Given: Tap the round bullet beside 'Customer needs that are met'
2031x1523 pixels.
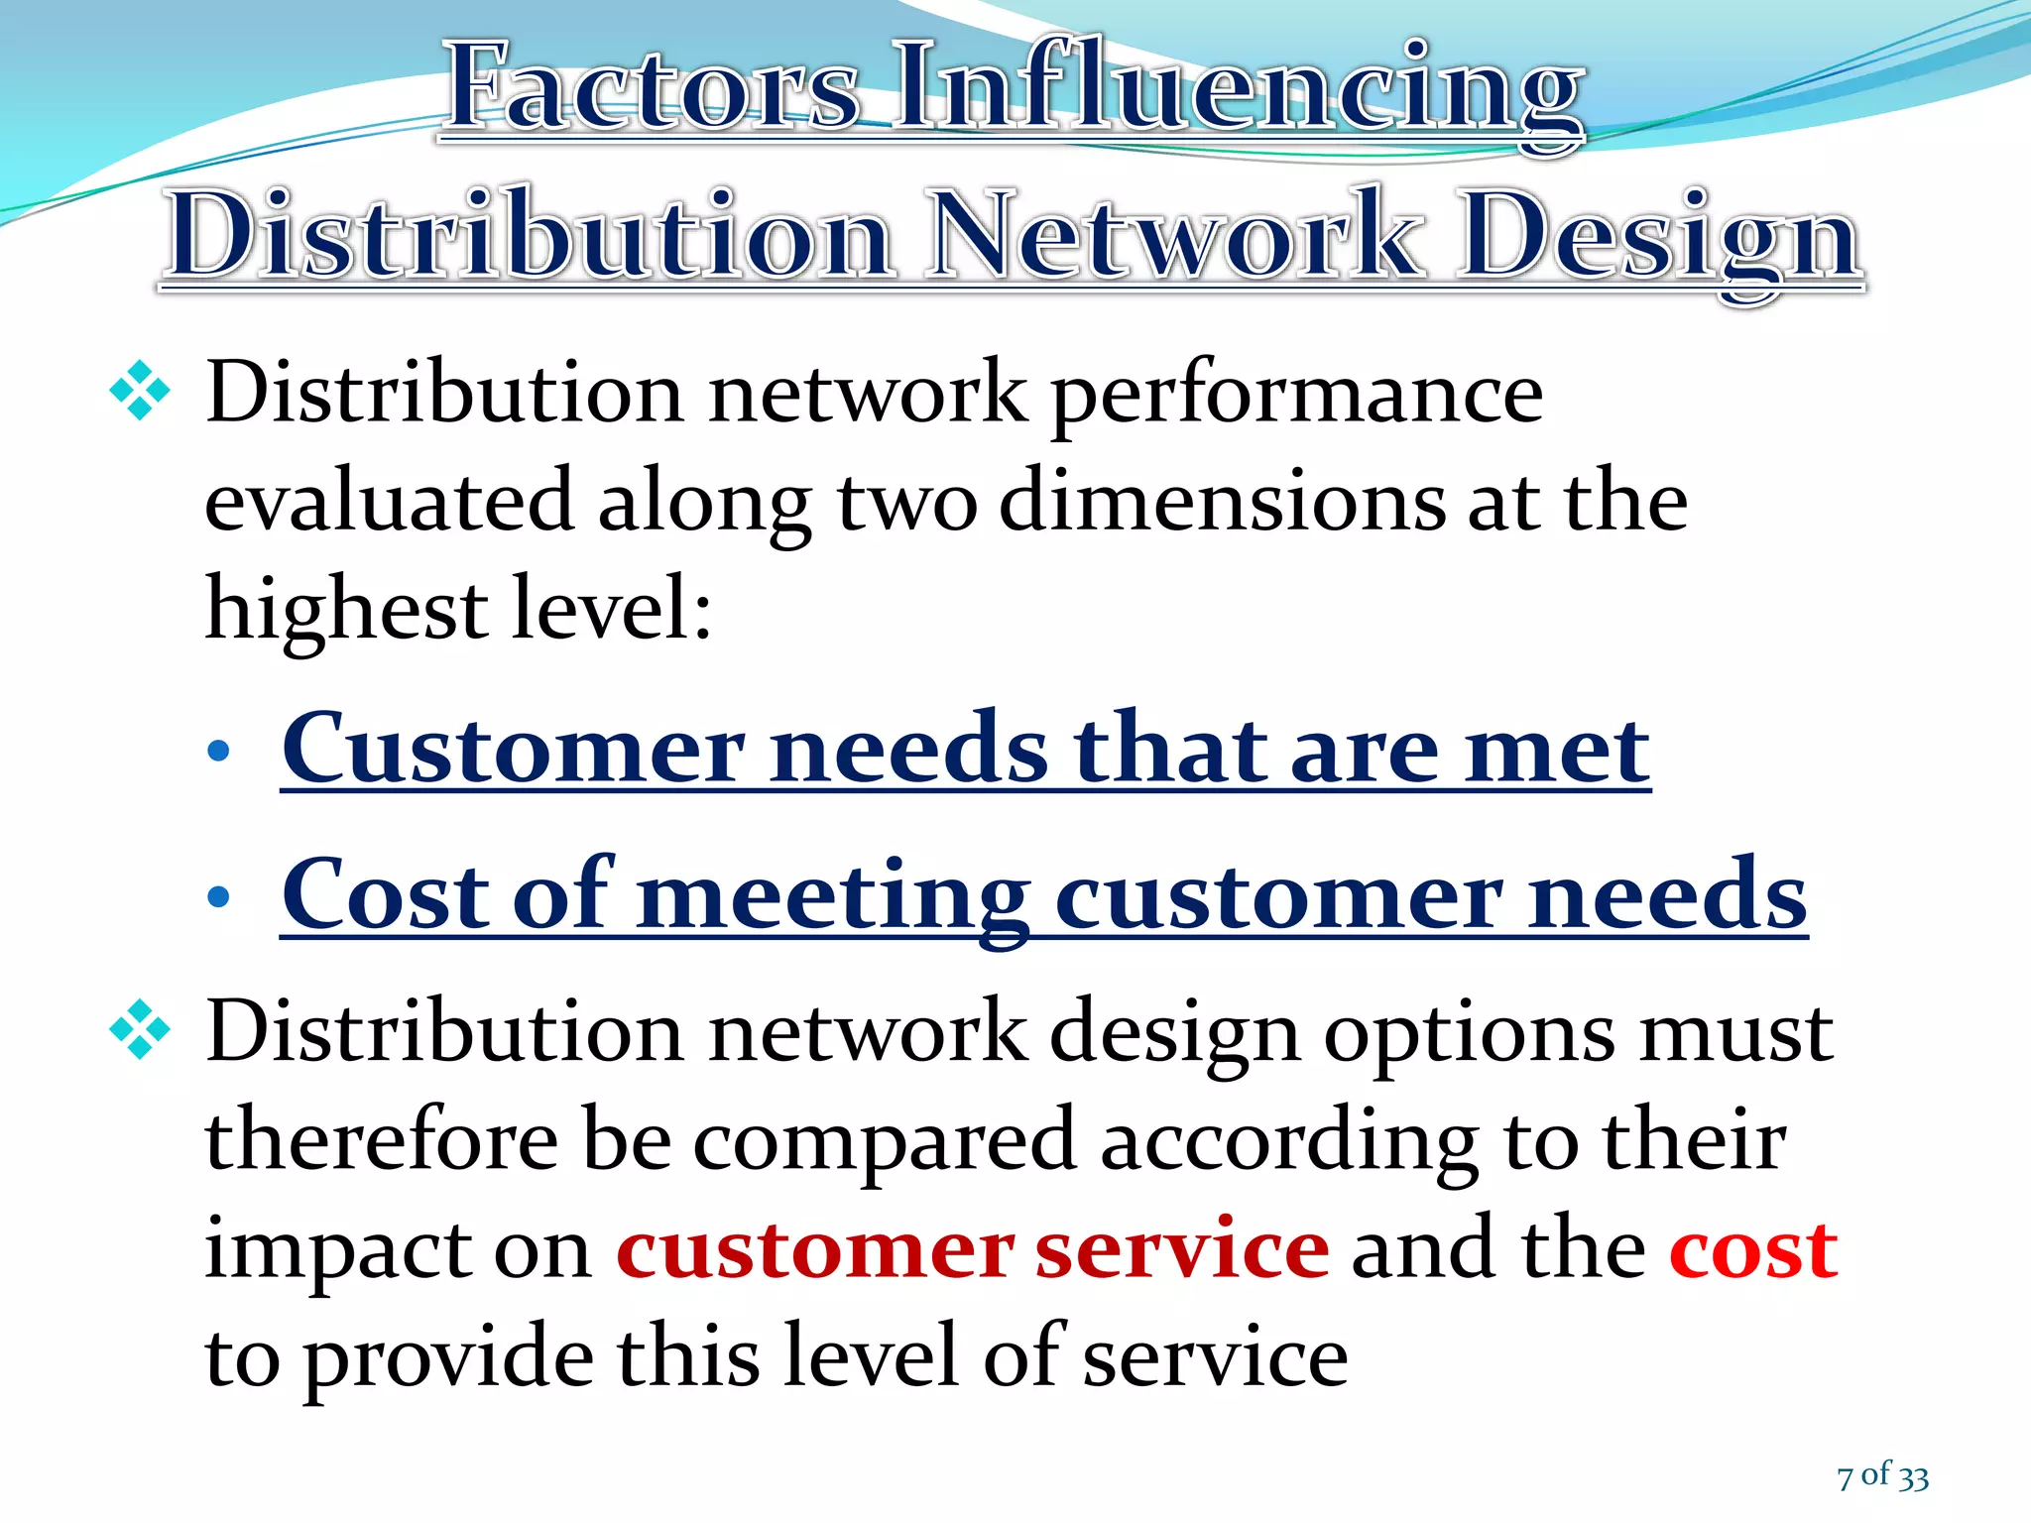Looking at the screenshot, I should tap(218, 752).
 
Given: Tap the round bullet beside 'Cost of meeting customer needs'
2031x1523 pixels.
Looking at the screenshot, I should tap(218, 897).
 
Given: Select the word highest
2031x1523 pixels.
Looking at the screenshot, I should tap(345, 610).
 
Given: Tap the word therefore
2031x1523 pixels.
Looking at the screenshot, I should tap(381, 1140).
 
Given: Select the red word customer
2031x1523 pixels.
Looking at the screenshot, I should tap(814, 1249).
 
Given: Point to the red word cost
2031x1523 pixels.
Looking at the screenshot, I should tap(1753, 1249).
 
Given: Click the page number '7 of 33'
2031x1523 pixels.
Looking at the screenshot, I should tap(1882, 1476).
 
